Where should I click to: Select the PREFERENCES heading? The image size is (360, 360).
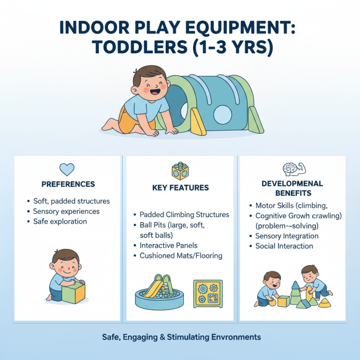(x=68, y=184)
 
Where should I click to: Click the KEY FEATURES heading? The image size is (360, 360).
(x=180, y=187)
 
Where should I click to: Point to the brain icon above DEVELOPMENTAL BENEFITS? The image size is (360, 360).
(x=292, y=170)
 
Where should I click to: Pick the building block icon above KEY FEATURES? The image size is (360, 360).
(x=180, y=171)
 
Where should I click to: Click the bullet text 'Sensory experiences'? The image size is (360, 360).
(x=66, y=211)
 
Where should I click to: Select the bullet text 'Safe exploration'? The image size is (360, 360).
(x=60, y=221)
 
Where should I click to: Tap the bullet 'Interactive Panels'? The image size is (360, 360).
(x=168, y=245)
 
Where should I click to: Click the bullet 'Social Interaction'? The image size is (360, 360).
(x=284, y=246)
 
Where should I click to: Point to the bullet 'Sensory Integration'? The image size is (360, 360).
(x=287, y=236)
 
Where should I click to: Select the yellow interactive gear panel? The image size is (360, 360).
(x=208, y=293)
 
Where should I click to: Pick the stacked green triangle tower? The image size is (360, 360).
(x=295, y=294)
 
